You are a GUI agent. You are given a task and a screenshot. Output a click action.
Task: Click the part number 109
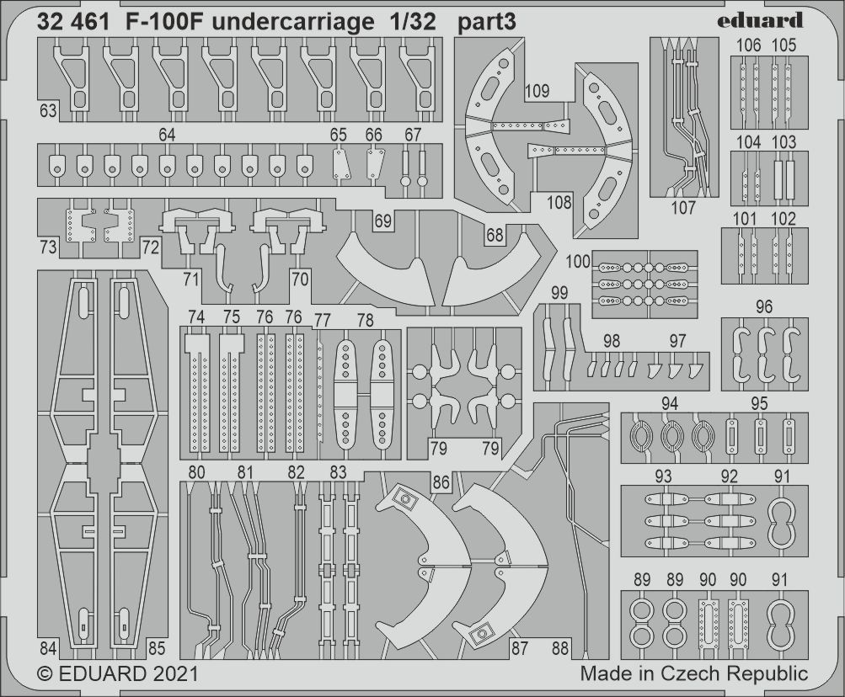[537, 90]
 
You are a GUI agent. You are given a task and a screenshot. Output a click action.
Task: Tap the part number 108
[559, 202]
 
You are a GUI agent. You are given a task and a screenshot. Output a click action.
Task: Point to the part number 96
[764, 307]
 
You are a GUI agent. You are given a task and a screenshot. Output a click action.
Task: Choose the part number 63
[47, 110]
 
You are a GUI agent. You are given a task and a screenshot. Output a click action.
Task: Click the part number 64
[167, 135]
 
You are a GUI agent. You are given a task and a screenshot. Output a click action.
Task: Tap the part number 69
[384, 221]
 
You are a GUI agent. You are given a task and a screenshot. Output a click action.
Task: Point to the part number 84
[47, 648]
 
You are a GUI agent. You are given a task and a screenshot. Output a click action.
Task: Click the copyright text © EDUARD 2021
[118, 674]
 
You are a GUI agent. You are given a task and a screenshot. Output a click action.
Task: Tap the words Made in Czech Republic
[693, 673]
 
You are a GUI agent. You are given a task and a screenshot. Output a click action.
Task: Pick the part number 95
[759, 404]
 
